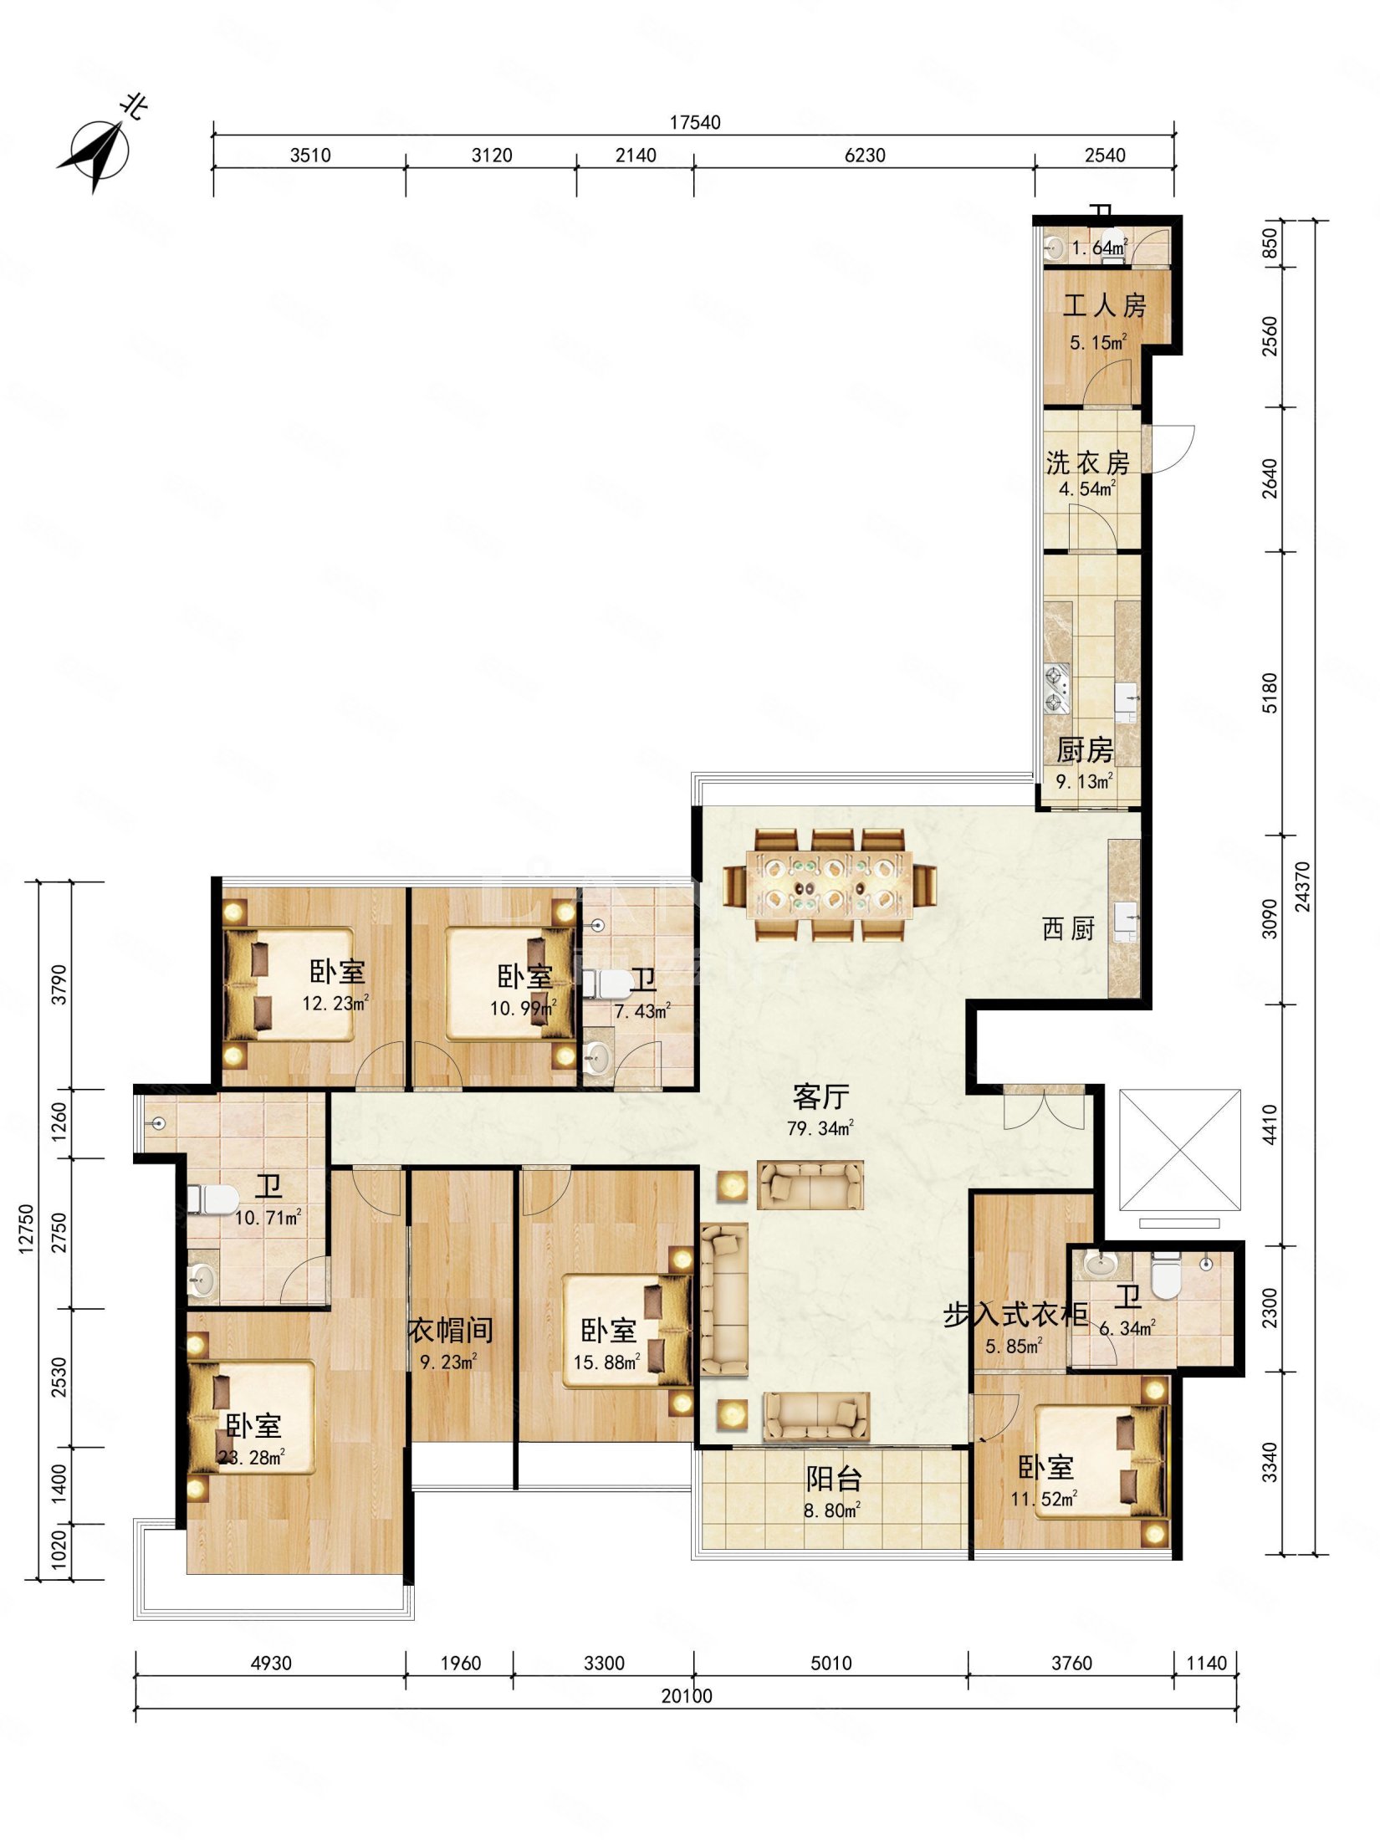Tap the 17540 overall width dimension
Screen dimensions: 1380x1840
click(694, 122)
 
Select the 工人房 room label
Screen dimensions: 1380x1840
click(1104, 305)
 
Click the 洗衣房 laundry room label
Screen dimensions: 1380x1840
click(1087, 463)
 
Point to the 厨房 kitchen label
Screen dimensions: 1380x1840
click(1085, 750)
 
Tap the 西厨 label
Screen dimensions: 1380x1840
click(1068, 928)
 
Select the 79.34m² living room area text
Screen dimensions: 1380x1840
click(820, 1128)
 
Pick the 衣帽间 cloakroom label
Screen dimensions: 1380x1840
click(451, 1330)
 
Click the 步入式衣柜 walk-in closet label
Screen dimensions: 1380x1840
click(1015, 1315)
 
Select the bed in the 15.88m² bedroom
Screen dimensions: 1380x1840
click(627, 1331)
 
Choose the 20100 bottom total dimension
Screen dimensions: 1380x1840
click(687, 1695)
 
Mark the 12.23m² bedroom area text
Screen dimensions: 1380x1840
click(335, 1003)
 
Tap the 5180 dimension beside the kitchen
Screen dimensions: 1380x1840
click(1270, 693)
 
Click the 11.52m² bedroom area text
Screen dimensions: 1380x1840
click(1044, 1499)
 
